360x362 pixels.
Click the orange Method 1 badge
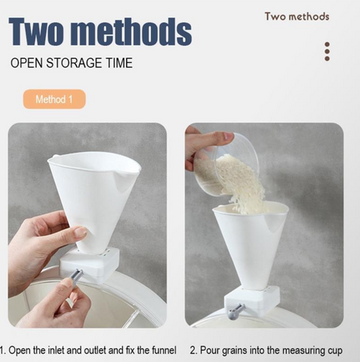tap(54, 99)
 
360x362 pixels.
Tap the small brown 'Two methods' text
tap(297, 17)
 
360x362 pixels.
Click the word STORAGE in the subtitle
tap(74, 63)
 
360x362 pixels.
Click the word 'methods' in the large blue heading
tap(134, 32)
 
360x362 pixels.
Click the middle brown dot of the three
tap(327, 51)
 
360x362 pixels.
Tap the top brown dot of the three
tap(327, 44)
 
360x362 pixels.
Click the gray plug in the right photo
tap(235, 311)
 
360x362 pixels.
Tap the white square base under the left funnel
tap(89, 263)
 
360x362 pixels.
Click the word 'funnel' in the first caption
tap(164, 350)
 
